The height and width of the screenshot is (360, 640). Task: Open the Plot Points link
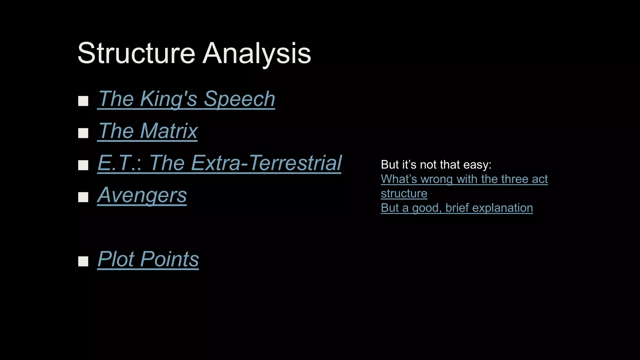pos(148,259)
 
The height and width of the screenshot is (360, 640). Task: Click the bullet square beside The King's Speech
pos(83,101)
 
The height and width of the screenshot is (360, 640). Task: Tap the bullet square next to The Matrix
pos(83,133)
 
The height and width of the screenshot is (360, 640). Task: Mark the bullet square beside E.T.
pos(83,165)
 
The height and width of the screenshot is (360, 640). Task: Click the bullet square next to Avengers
pos(83,197)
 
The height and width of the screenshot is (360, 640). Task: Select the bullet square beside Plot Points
pos(83,261)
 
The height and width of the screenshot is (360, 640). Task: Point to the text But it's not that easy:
pos(436,165)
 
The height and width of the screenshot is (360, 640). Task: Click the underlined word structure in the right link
pos(404,193)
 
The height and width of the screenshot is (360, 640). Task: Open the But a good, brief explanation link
pos(457,208)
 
